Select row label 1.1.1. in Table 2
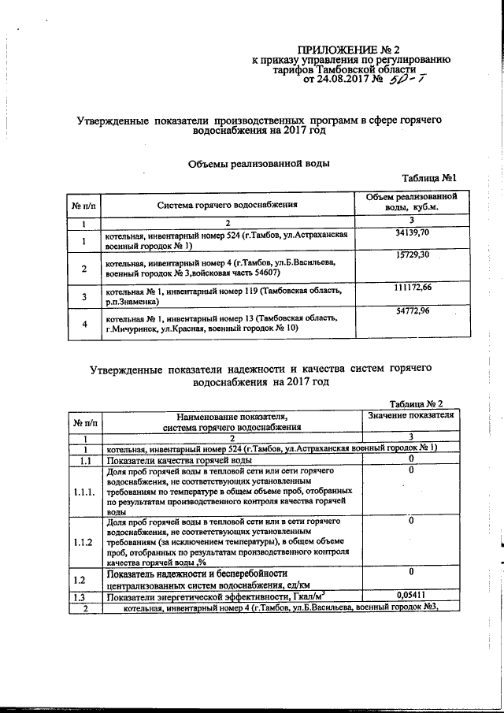84,493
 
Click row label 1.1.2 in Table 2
84,543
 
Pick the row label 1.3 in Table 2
84,596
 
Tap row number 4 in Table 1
83,325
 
